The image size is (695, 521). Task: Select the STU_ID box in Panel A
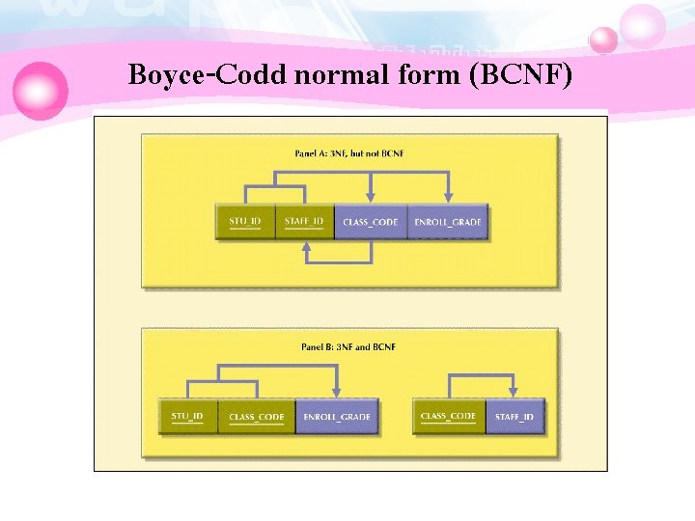[245, 223]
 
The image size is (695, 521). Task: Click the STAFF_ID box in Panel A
[304, 223]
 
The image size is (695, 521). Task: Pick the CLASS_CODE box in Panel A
[371, 223]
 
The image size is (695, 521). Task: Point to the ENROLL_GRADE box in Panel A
[447, 223]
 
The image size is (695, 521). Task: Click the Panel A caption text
[348, 153]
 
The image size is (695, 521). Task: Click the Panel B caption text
[348, 346]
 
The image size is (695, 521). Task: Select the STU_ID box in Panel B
[187, 417]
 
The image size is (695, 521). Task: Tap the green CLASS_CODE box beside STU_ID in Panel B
[257, 417]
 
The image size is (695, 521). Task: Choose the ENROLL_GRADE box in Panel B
[336, 417]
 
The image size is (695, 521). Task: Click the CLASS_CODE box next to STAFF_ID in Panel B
[449, 417]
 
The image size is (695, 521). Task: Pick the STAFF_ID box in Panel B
[514, 417]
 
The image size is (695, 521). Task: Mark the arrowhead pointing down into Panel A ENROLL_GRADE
[447, 198]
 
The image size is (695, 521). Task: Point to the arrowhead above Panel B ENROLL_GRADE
[335, 392]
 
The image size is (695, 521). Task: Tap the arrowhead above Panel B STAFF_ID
[514, 392]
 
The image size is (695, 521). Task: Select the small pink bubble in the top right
[603, 40]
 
